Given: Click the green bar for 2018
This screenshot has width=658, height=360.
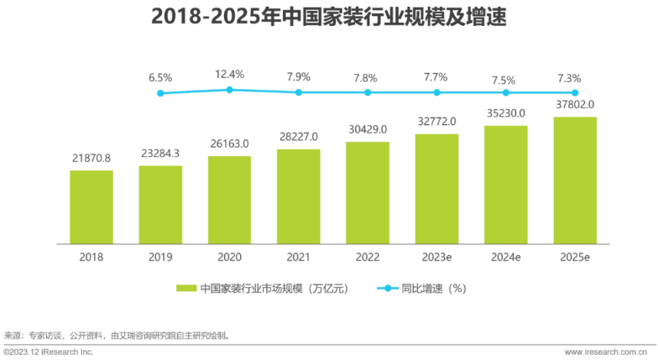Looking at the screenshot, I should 91,206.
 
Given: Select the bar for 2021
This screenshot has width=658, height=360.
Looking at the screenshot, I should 298,196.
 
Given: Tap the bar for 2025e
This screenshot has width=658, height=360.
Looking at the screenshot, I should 575,180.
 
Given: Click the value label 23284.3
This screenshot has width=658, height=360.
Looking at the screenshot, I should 160,153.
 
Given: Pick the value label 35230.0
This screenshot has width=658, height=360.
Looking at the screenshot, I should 505,112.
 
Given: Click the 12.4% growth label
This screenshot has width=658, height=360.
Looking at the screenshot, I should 229,74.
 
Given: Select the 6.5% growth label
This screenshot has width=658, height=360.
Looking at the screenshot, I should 160,78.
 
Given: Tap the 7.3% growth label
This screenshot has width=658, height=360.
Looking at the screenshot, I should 575,77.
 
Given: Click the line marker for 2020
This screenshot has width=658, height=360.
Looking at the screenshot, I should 229,89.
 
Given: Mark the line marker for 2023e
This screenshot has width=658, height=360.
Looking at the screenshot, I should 436,92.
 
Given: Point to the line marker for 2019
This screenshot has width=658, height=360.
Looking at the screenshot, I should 160,93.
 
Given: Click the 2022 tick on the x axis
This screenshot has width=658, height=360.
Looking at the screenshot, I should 367,257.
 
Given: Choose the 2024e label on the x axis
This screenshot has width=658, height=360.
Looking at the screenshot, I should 505,257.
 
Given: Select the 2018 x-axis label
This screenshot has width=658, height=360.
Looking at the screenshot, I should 91,257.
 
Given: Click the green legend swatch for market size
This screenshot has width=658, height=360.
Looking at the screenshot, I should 185,288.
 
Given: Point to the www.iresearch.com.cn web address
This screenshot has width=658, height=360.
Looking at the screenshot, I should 609,352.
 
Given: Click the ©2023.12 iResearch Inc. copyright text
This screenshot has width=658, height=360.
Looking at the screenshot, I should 48,352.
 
